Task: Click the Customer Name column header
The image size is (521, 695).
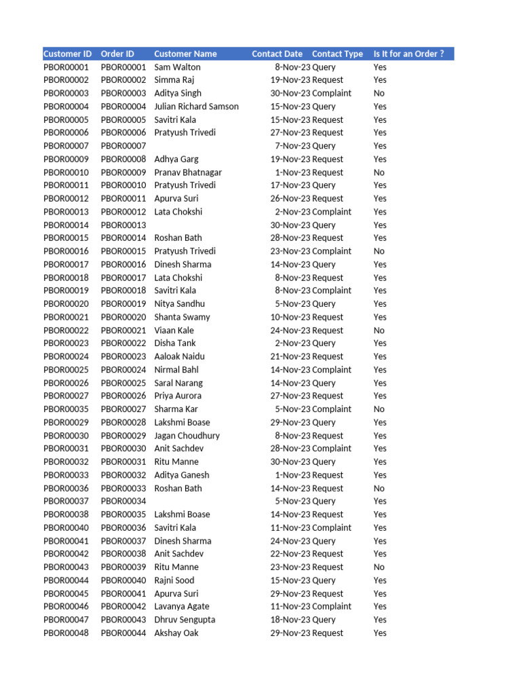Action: pyautogui.click(x=185, y=54)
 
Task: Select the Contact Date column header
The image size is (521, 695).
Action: pyautogui.click(x=277, y=54)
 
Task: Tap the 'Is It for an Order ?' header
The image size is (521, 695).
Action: pyautogui.click(x=408, y=54)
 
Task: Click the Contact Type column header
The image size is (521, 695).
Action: pyautogui.click(x=337, y=54)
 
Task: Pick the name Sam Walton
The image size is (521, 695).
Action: pyautogui.click(x=177, y=67)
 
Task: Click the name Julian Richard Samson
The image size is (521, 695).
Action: pyautogui.click(x=196, y=107)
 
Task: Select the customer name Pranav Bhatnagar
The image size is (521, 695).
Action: pyautogui.click(x=188, y=172)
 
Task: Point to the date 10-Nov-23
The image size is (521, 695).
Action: pyautogui.click(x=290, y=317)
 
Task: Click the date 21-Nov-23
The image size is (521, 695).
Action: pyautogui.click(x=290, y=356)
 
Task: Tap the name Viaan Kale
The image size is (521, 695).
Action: pyautogui.click(x=174, y=331)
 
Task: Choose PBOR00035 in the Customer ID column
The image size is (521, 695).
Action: pyautogui.click(x=66, y=409)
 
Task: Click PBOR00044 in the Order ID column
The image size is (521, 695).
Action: pyautogui.click(x=123, y=633)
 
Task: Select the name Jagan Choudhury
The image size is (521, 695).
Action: pyautogui.click(x=187, y=436)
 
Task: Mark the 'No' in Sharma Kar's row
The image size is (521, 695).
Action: pyautogui.click(x=379, y=409)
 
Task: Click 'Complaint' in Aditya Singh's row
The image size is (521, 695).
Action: pyautogui.click(x=332, y=93)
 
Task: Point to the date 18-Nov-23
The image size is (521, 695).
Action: pyautogui.click(x=290, y=620)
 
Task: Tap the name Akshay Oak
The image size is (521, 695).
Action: pyautogui.click(x=176, y=633)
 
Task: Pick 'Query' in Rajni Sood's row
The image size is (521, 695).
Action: pyautogui.click(x=324, y=580)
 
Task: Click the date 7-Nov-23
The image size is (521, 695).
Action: pyautogui.click(x=292, y=146)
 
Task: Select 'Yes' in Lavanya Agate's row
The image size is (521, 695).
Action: pyautogui.click(x=380, y=607)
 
